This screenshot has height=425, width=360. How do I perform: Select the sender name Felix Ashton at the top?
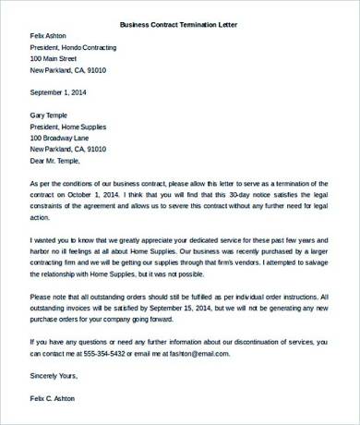(x=52, y=36)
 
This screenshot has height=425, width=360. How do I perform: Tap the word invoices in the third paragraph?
(x=88, y=308)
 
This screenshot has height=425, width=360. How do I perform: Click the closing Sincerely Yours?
(x=54, y=375)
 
